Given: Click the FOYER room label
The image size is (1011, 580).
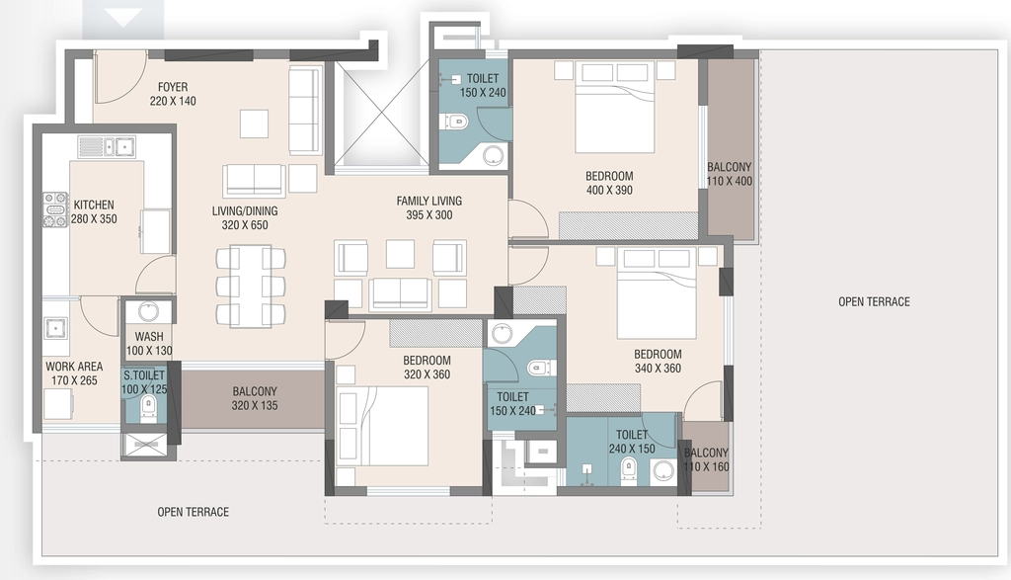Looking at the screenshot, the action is tap(173, 86).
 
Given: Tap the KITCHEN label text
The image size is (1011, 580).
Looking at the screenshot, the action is tap(94, 205).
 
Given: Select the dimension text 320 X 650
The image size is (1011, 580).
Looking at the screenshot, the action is tap(245, 225).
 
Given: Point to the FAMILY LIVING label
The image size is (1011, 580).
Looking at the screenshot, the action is tap(429, 201).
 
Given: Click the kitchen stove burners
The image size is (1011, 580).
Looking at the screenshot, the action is tap(55, 209).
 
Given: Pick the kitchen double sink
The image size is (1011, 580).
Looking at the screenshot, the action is tap(107, 146).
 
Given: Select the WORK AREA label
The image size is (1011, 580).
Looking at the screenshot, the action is tap(74, 367).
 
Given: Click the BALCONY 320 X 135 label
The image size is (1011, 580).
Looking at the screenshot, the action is tap(255, 398).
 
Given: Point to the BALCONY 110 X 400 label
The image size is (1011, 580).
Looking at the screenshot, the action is tap(730, 174).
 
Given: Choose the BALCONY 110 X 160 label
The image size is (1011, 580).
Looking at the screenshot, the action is tap(706, 459).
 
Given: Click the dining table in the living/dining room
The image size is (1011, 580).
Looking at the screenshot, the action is tap(251, 286).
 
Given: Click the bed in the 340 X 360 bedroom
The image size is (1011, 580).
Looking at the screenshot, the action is tap(657, 293).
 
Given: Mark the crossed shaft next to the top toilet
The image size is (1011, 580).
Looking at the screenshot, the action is tap(382, 114).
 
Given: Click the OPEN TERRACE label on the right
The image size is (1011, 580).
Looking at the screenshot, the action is tap(874, 301).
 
